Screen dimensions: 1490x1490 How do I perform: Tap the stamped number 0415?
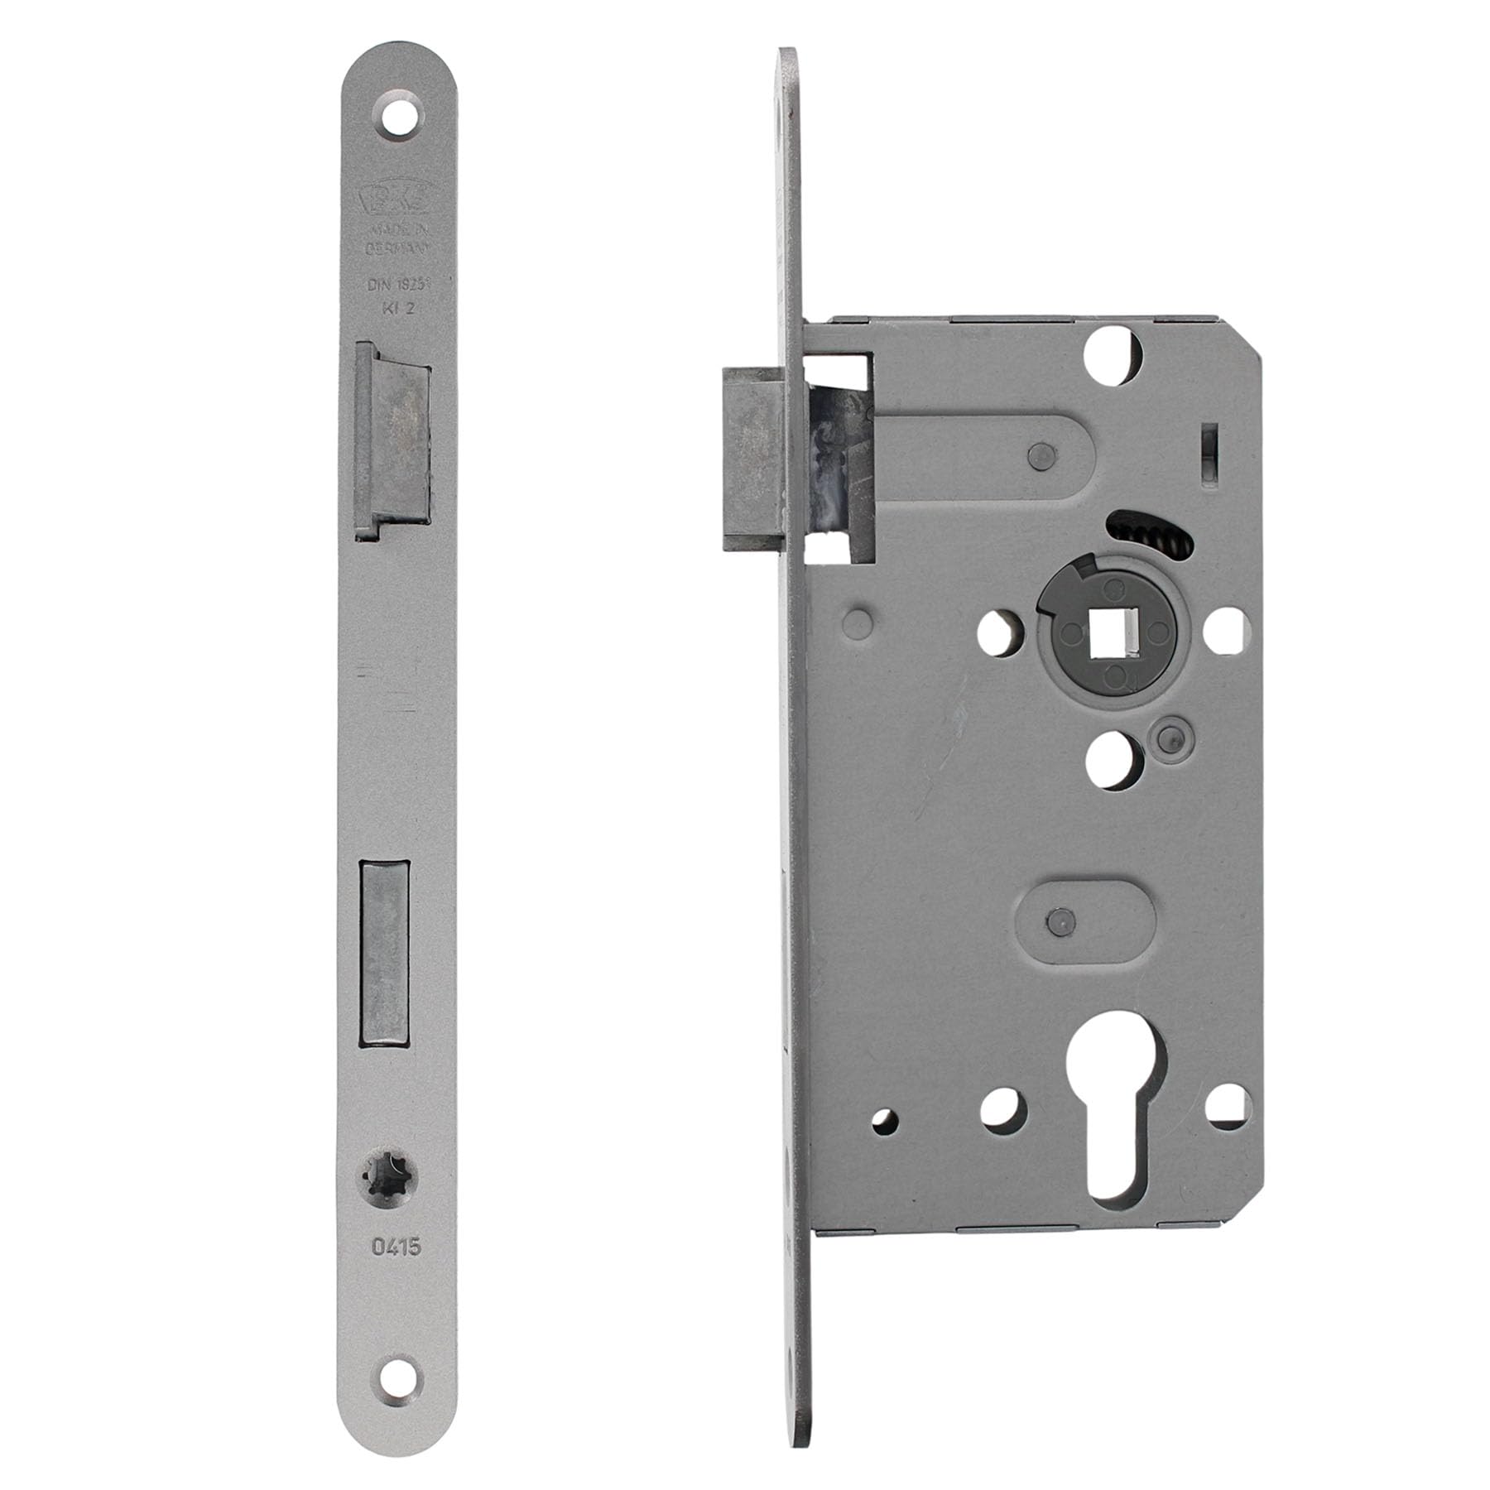tap(396, 1246)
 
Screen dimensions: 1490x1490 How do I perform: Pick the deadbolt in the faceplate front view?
tap(384, 952)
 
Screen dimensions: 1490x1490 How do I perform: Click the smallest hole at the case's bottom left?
tap(886, 1122)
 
